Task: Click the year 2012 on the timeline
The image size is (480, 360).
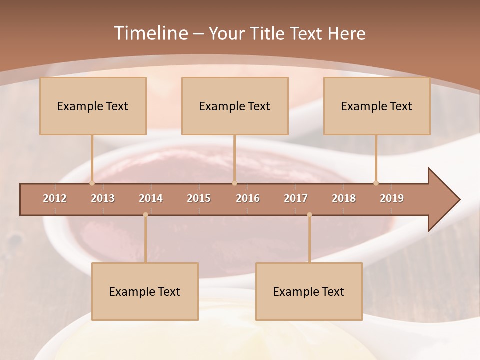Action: (x=55, y=198)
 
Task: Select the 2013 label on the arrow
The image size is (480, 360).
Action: (x=103, y=198)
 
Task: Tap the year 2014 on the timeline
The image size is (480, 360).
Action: (x=151, y=198)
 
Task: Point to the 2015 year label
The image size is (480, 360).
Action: (x=199, y=198)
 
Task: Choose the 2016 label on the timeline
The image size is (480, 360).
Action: (x=248, y=198)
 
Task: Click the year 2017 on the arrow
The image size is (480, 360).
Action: (x=296, y=198)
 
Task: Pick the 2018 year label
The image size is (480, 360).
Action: (x=344, y=198)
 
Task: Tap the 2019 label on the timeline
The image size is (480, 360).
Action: (x=392, y=198)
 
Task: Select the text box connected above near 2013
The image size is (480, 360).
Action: (x=93, y=106)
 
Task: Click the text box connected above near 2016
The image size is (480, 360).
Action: (x=235, y=106)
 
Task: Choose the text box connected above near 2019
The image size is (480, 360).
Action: (x=377, y=106)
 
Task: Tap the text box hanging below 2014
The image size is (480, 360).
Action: (x=145, y=291)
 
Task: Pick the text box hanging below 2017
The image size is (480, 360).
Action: (x=309, y=291)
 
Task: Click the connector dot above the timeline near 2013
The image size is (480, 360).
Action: (x=92, y=183)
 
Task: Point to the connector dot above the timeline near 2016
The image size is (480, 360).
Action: (x=234, y=183)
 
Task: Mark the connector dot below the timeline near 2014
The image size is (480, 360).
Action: (x=145, y=215)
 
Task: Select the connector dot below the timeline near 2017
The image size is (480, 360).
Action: (x=309, y=215)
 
